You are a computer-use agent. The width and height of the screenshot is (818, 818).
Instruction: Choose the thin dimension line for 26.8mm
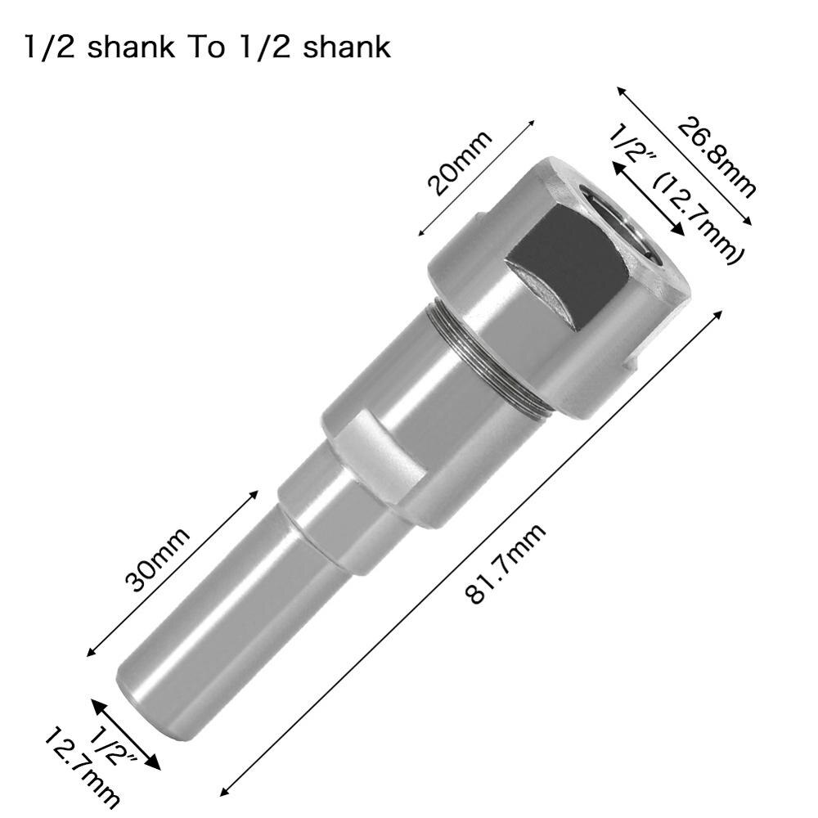point(684,155)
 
